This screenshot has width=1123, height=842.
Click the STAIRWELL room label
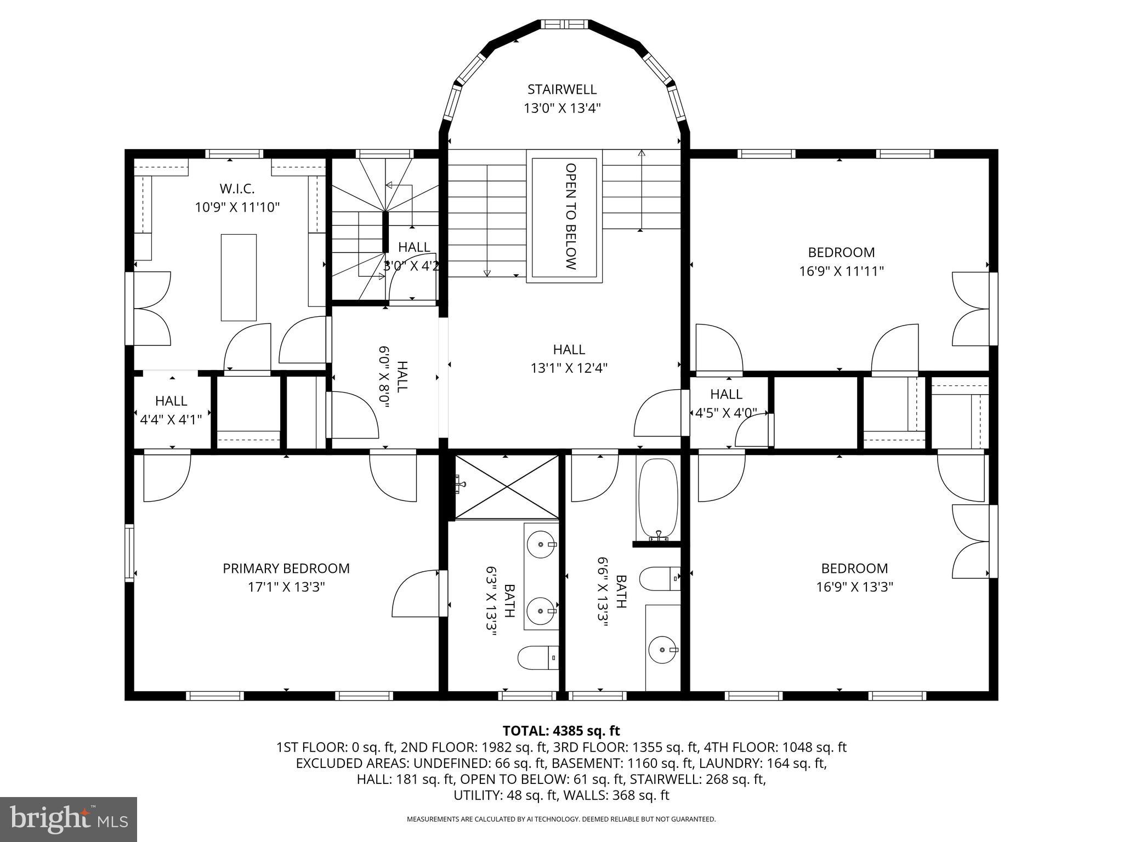click(x=562, y=89)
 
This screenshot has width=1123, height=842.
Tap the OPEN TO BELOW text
click(x=571, y=217)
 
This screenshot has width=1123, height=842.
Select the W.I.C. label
click(x=237, y=189)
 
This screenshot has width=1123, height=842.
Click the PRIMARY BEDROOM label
click(x=286, y=568)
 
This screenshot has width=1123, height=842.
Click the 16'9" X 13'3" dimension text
click(x=854, y=587)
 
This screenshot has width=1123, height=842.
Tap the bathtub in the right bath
click(x=657, y=499)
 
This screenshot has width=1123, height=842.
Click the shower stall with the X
click(x=507, y=486)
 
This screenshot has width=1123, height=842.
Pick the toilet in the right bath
click(x=660, y=579)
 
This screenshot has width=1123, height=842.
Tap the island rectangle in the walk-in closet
click(x=239, y=277)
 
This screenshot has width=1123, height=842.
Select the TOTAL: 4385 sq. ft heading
click(x=561, y=731)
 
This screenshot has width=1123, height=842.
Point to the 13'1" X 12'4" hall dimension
click(x=569, y=368)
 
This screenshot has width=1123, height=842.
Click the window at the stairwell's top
click(x=565, y=24)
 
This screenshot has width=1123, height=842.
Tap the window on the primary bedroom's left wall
click(x=129, y=552)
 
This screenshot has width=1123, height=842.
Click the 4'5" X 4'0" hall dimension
click(x=726, y=413)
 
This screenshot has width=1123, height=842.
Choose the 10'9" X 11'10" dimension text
click(x=237, y=208)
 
